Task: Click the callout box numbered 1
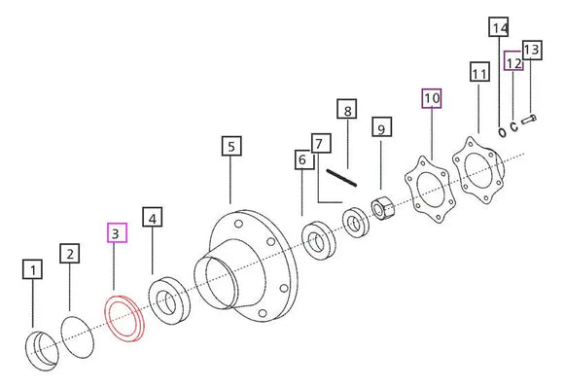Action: (32, 269)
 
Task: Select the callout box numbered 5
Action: (231, 146)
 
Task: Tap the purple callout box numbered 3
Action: (117, 232)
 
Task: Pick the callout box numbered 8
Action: (347, 109)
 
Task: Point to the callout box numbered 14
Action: (499, 26)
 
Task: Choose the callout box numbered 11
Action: (479, 72)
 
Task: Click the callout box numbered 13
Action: (532, 50)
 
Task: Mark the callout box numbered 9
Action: (381, 126)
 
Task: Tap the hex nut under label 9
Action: (383, 208)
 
